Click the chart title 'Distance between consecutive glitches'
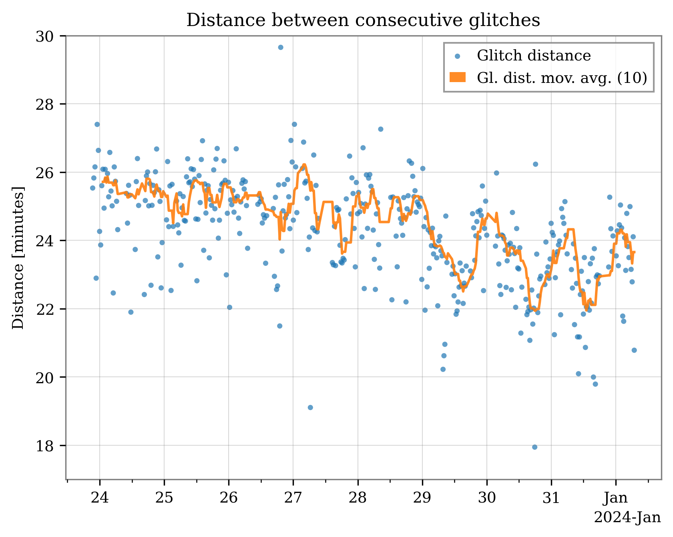pyautogui.click(x=363, y=20)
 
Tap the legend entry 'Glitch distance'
pyautogui.click(x=533, y=56)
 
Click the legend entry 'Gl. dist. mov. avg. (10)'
pyautogui.click(x=562, y=78)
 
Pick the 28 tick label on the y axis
pyautogui.click(x=45, y=105)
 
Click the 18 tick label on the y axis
pyautogui.click(x=45, y=446)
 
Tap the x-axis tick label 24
pyautogui.click(x=99, y=498)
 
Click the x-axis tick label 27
pyautogui.click(x=293, y=498)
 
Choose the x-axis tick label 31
pyautogui.click(x=551, y=498)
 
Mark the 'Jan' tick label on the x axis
pyautogui.click(x=616, y=498)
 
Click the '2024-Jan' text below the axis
pyautogui.click(x=627, y=517)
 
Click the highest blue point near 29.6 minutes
pyautogui.click(x=281, y=47)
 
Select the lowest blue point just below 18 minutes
pyautogui.click(x=534, y=447)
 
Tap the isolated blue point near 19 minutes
pyautogui.click(x=310, y=407)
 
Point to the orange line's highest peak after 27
pyautogui.click(x=304, y=165)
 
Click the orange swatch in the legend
pyautogui.click(x=458, y=78)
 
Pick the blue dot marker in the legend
pyautogui.click(x=458, y=56)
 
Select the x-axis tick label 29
pyautogui.click(x=422, y=498)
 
